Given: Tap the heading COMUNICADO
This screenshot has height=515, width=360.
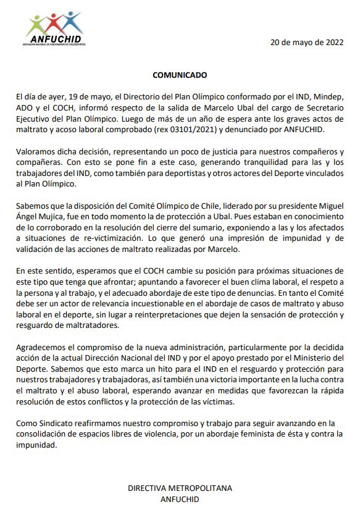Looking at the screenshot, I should pos(180,75).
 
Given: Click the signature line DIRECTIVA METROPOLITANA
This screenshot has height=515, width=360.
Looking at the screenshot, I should pos(180,488).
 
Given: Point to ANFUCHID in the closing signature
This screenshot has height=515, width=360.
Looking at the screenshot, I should pos(180,498).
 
